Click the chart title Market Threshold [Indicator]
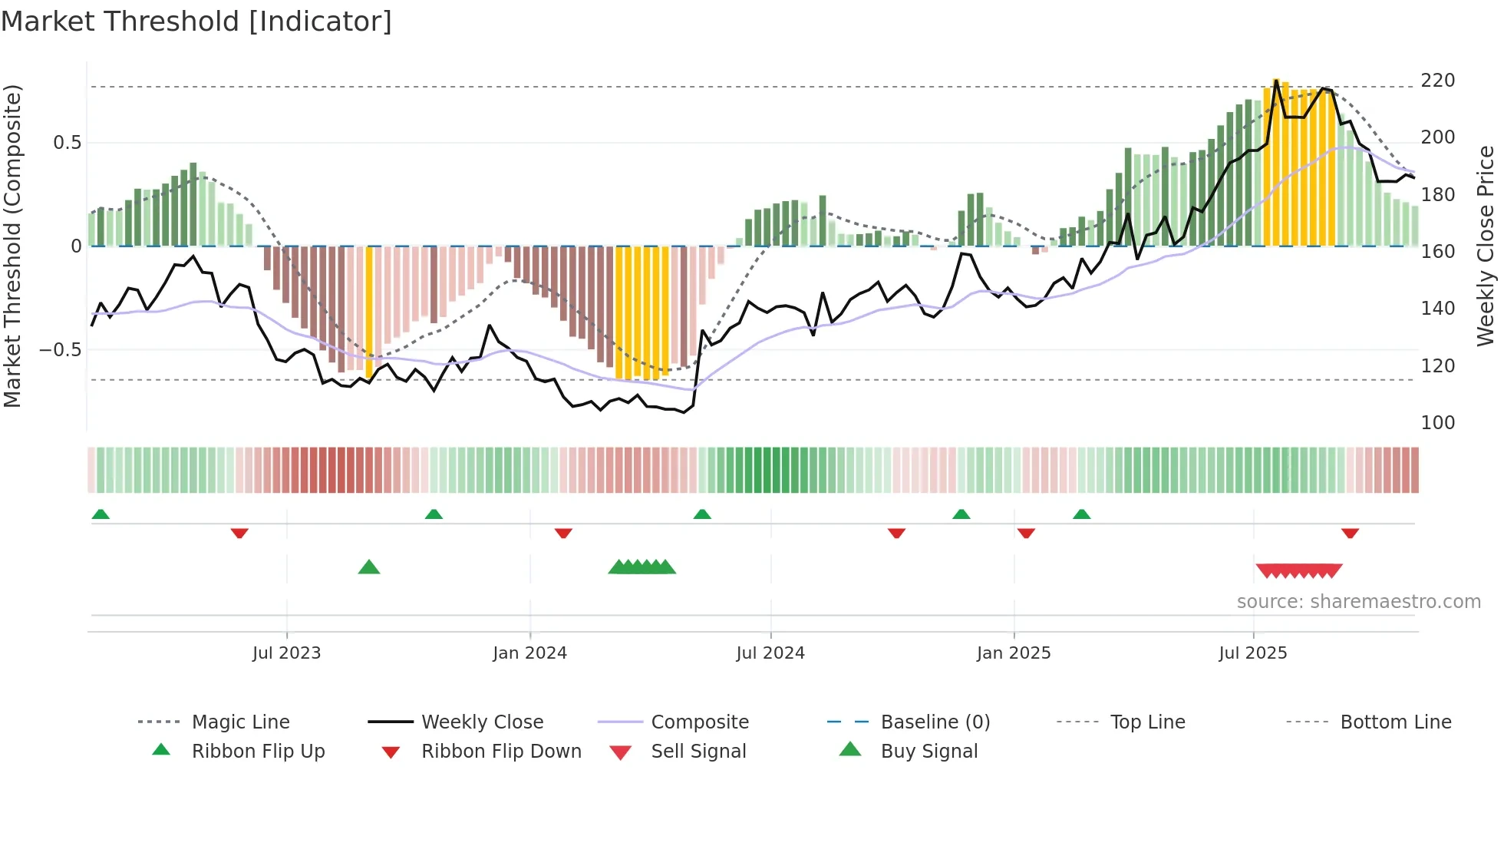click(196, 21)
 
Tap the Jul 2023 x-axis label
click(286, 653)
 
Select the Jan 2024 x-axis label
click(529, 653)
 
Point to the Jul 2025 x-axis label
click(1252, 653)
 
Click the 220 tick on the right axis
click(1437, 81)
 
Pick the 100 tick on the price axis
click(1437, 423)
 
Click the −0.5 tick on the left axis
click(60, 350)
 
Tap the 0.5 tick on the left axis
click(67, 143)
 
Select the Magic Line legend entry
click(240, 722)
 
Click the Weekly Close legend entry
click(482, 722)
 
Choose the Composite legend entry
click(699, 722)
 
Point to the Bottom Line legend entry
click(1395, 722)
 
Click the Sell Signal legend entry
click(698, 752)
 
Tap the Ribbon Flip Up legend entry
click(258, 752)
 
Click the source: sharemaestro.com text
click(1358, 602)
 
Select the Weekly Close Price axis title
click(1486, 246)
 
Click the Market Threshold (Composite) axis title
click(12, 246)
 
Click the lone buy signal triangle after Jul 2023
click(369, 567)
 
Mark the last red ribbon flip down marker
click(1350, 533)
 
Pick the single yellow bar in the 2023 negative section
click(369, 311)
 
